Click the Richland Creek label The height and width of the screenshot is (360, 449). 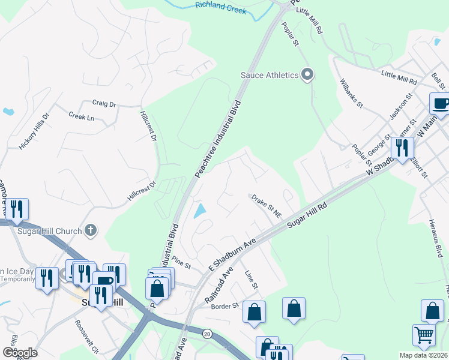pos(221,8)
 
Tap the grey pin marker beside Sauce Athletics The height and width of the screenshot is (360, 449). pos(307,75)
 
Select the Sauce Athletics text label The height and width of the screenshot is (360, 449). pos(270,75)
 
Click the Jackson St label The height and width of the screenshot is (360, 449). pos(402,106)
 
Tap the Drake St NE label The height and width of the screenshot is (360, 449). pos(267,205)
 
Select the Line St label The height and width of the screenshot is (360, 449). pos(251,280)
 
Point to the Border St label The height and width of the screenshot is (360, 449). pos(225,305)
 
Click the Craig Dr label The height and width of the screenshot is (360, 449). pos(104,104)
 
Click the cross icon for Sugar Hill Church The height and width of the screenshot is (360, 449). pos(90,229)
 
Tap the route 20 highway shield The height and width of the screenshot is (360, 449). pos(207,333)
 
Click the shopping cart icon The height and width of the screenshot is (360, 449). pos(424,335)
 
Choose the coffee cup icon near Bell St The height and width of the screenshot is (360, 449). pos(440,103)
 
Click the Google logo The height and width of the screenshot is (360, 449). pos(20,352)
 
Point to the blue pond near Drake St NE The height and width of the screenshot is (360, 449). pos(199,211)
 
